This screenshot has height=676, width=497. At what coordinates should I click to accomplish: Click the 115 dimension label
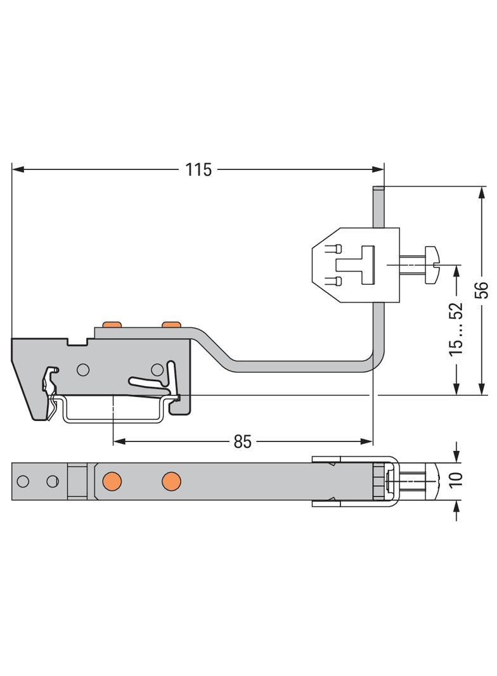[x=198, y=170]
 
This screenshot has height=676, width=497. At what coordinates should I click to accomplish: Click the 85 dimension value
[x=242, y=442]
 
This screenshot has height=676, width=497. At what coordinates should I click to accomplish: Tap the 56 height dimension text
[x=482, y=289]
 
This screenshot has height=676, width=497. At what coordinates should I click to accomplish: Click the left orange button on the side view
[x=112, y=325]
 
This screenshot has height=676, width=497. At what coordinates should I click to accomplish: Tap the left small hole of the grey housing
[x=82, y=370]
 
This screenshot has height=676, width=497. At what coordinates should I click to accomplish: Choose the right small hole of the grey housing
[x=156, y=370]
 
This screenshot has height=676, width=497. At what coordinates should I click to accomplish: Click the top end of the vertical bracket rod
[x=378, y=188]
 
